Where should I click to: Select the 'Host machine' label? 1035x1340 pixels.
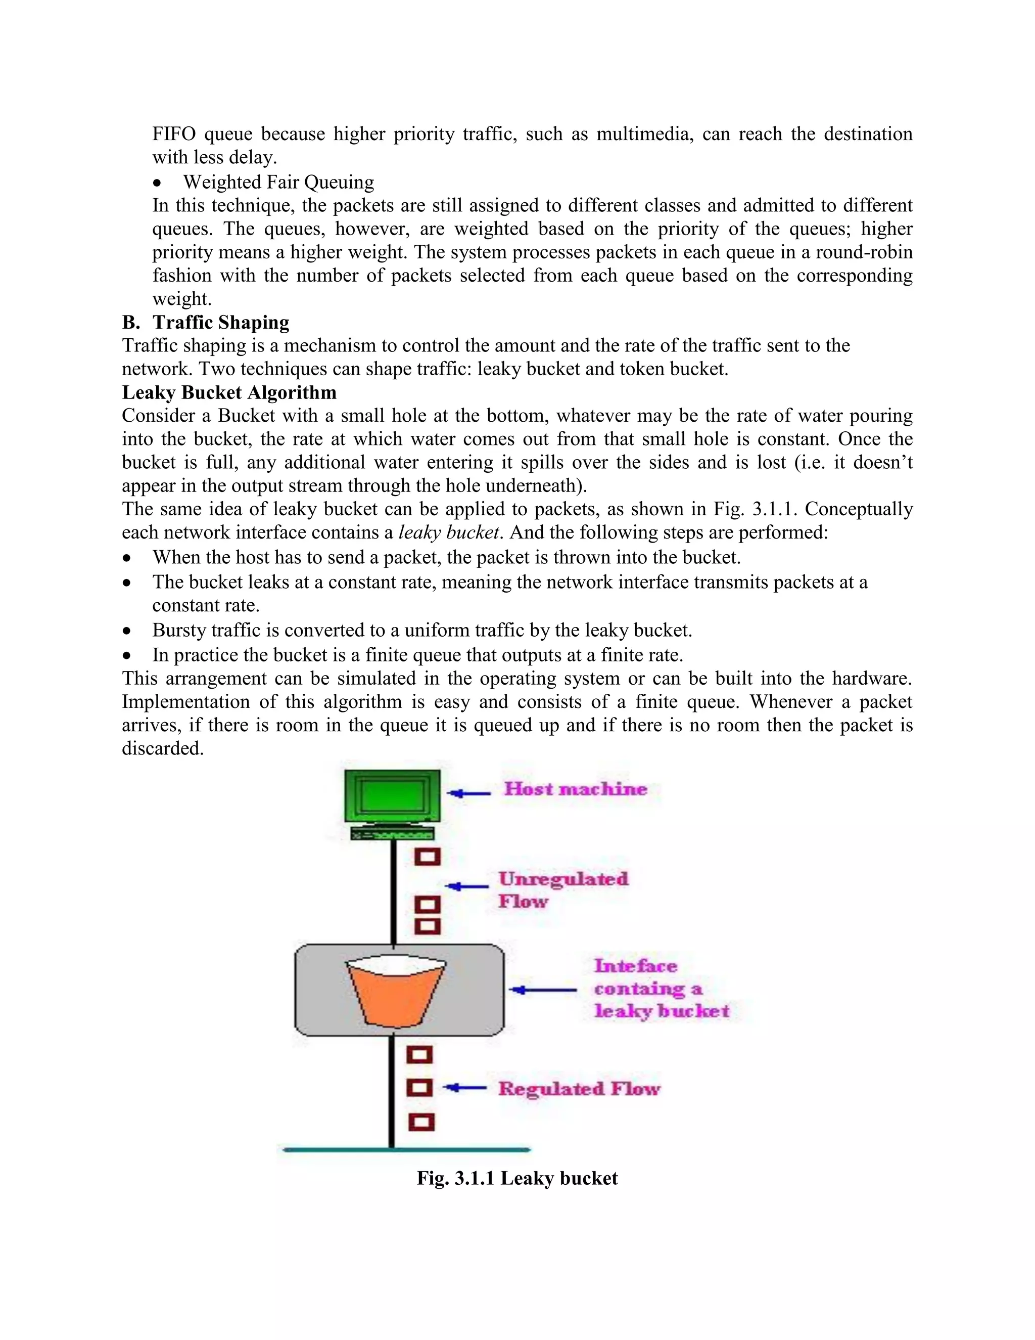(575, 789)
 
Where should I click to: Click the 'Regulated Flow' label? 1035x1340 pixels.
(579, 1089)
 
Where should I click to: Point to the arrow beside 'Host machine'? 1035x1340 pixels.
(469, 793)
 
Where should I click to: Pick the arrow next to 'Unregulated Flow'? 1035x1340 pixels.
(466, 886)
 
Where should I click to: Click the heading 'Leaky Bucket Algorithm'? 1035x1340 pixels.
(229, 393)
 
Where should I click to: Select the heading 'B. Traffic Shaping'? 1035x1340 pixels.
(206, 323)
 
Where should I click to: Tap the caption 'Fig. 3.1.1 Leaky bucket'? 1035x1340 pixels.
(517, 1178)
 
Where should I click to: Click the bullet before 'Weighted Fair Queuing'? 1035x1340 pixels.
(158, 184)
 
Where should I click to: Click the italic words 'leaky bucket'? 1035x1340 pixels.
(449, 532)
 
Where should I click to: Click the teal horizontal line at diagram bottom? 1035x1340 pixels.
(406, 1150)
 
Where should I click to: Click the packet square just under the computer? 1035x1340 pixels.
(428, 857)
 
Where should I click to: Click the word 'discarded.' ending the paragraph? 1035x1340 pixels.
(163, 748)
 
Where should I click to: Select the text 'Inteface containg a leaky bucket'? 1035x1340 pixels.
(661, 989)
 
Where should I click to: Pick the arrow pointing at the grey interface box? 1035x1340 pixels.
(543, 990)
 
